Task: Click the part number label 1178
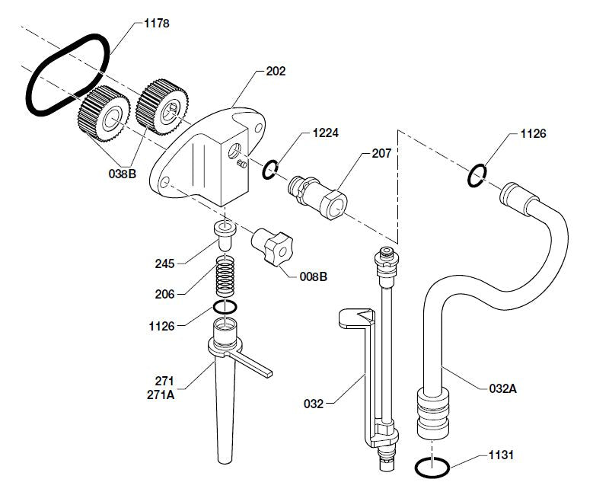[157, 24]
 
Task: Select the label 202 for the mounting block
[276, 71]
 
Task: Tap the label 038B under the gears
[122, 174]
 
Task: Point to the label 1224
[325, 133]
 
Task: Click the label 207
[381, 153]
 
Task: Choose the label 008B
[313, 276]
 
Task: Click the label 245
[164, 263]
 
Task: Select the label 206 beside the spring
[164, 294]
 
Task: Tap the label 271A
[161, 394]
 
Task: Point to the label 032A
[502, 388]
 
